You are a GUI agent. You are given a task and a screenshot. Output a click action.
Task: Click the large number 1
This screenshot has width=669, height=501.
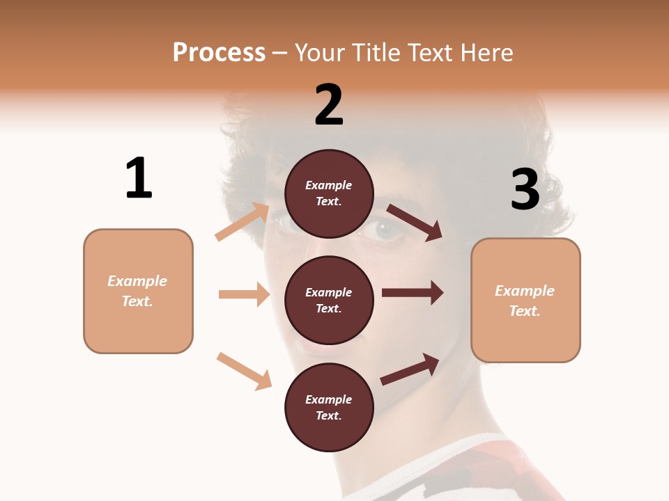pos(139,179)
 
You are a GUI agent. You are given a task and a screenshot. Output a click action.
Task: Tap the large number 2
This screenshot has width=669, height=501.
pos(329,105)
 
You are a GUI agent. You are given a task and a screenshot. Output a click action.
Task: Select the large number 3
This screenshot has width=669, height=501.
pos(525,190)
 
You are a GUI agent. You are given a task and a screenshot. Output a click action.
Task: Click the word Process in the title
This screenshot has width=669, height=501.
pos(219,52)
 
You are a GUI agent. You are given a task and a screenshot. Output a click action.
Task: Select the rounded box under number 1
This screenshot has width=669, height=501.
pos(138,291)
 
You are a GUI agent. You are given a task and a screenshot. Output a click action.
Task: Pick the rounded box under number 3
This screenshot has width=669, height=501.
pos(525,300)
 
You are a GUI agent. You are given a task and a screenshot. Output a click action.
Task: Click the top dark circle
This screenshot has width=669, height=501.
pos(329,193)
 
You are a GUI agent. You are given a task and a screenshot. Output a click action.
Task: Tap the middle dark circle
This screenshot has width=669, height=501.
pos(329,300)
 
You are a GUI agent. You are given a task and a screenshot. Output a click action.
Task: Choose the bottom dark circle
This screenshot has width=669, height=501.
pos(329,407)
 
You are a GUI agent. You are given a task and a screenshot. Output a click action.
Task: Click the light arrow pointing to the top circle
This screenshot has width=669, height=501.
pos(243,222)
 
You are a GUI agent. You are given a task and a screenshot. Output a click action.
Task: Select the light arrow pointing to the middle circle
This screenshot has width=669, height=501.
pos(244,294)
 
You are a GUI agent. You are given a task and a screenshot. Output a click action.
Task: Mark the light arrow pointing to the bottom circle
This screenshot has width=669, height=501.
pos(244,371)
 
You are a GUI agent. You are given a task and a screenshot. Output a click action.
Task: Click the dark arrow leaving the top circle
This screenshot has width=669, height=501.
pos(414,222)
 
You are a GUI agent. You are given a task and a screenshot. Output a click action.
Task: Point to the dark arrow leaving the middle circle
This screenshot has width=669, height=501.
pos(413,293)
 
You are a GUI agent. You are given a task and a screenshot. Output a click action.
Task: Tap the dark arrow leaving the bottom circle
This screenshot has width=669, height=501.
pos(410,369)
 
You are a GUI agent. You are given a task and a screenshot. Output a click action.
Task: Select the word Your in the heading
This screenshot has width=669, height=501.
pos(318,52)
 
